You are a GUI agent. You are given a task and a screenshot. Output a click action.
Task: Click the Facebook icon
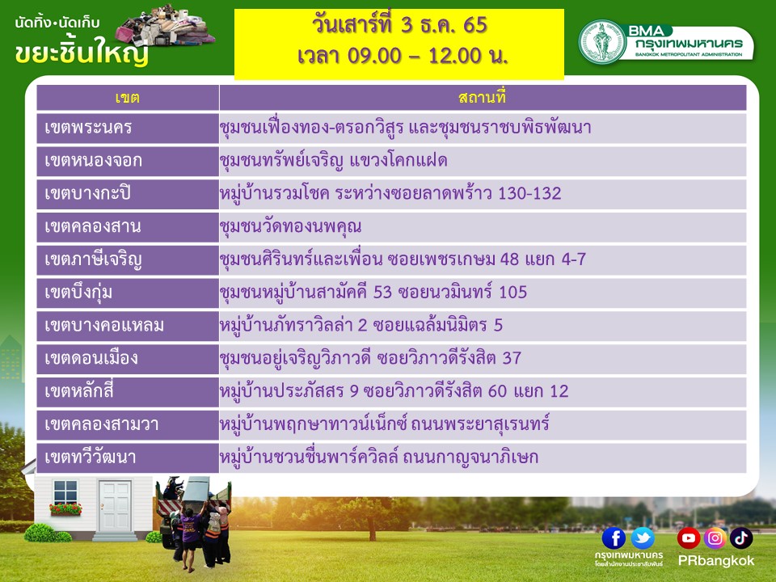614,538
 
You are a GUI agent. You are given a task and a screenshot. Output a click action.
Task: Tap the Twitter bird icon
643,538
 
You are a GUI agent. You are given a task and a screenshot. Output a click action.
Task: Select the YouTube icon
689,538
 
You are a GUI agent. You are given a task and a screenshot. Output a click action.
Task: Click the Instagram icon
715,538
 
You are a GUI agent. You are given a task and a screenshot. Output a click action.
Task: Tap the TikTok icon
741,538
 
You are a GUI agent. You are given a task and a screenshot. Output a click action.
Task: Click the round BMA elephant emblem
602,42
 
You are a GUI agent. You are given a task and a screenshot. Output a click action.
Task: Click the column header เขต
127,98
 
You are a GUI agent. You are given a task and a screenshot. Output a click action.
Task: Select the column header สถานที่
482,97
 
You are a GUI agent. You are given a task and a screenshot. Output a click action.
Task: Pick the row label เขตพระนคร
88,128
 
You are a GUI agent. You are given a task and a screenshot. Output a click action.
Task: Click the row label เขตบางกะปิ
87,193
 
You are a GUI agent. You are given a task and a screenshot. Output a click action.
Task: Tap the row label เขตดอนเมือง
91,358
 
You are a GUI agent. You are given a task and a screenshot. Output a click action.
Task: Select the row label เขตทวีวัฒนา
90,457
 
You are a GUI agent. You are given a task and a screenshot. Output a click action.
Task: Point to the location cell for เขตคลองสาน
483,226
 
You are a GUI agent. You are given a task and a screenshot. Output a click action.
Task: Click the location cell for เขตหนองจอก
483,161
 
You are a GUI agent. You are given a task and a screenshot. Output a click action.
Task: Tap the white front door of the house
115,506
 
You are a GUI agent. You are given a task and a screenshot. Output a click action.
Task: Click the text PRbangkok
715,561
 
